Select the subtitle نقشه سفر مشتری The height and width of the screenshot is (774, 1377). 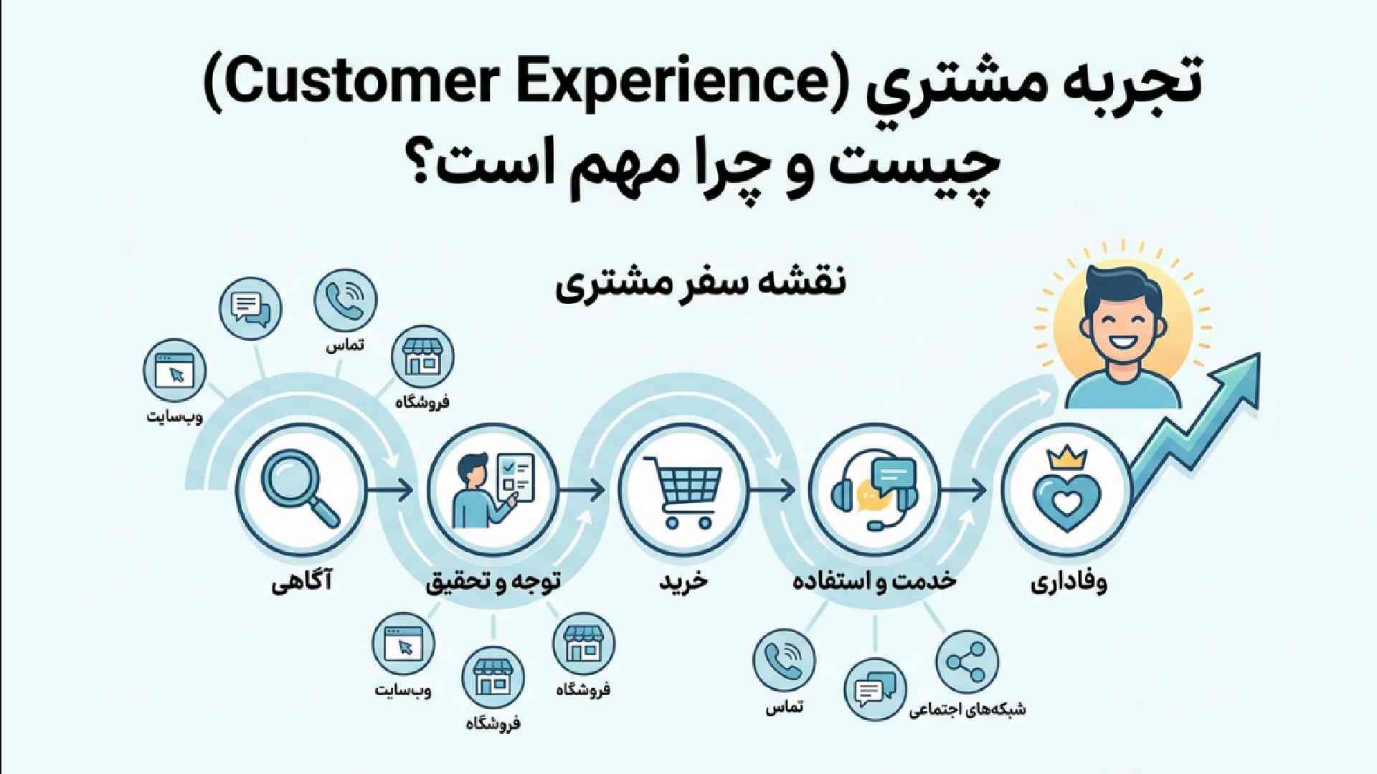point(701,283)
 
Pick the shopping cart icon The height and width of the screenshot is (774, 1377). point(681,491)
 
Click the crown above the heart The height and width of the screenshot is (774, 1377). point(1066,457)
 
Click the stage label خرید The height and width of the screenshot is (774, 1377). point(683,581)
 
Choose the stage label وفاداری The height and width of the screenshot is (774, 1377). point(1069,582)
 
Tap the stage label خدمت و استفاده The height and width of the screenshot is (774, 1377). point(874,581)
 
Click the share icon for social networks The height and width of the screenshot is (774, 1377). point(966,662)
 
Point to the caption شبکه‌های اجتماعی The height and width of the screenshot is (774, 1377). point(967,709)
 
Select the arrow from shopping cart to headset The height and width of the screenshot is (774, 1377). point(772,491)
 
